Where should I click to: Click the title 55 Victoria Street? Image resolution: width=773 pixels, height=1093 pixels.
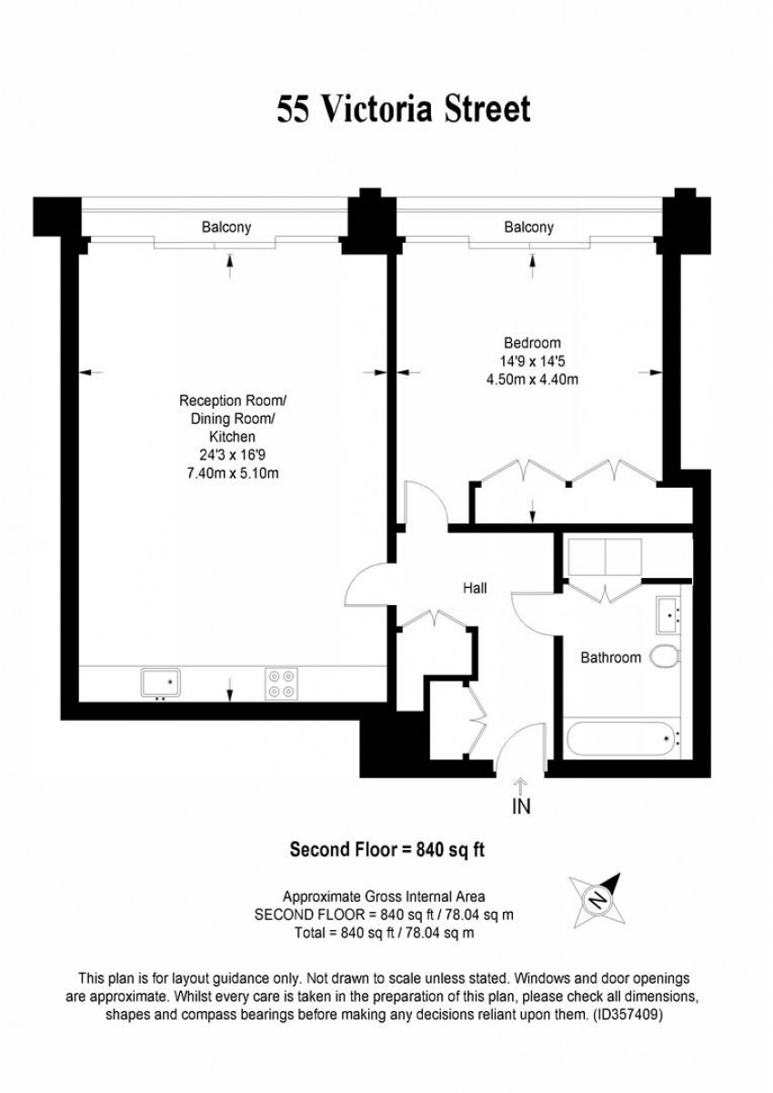[403, 109]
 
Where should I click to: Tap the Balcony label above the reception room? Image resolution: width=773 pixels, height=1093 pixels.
[226, 228]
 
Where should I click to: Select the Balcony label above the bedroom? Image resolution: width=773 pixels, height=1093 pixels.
[528, 228]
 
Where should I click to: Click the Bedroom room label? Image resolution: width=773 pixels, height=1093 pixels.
[532, 343]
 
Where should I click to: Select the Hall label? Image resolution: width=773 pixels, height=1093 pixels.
[475, 589]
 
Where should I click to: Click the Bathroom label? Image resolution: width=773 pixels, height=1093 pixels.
[611, 657]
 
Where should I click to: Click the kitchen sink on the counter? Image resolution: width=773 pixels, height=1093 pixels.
[161, 683]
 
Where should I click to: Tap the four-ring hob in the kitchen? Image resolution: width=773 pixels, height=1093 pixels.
[282, 683]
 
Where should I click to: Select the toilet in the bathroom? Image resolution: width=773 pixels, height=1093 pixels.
[665, 656]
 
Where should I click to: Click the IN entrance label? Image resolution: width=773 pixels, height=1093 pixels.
[521, 805]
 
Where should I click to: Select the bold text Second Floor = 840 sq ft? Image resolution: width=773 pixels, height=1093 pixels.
[386, 850]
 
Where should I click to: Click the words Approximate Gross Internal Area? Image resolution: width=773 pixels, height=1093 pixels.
[386, 896]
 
